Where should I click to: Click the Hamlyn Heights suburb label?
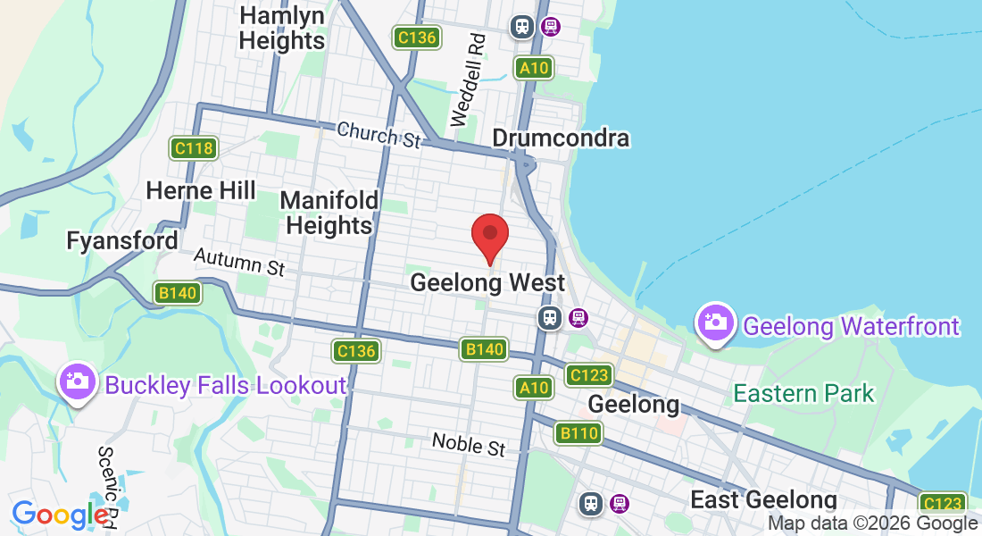point(282,28)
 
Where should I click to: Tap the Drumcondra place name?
point(561,138)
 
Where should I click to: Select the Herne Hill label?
point(201,190)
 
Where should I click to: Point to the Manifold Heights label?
point(329,213)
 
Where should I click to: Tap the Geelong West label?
point(487,283)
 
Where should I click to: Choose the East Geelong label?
point(763,499)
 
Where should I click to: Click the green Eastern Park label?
point(803,393)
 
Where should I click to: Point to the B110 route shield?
point(578,434)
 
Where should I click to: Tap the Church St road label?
point(379,135)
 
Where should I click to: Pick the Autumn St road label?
point(238,262)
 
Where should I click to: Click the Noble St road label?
point(468,444)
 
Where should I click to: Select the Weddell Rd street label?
point(467,80)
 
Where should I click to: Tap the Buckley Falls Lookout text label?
point(225,386)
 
